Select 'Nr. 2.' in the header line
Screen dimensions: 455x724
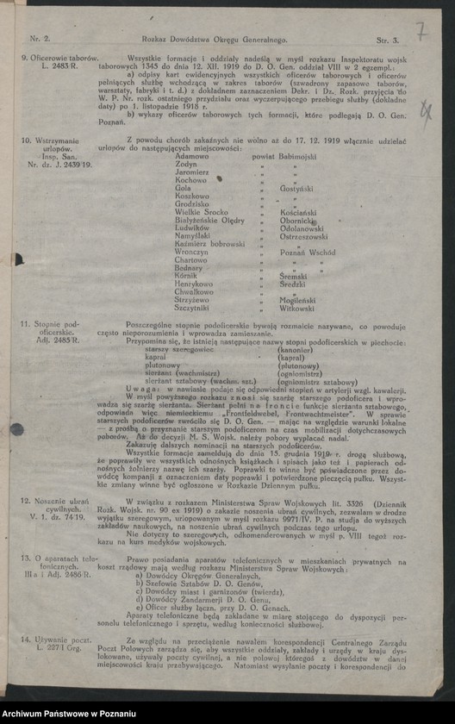[x=41, y=41]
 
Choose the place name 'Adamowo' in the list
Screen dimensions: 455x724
[x=192, y=156]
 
